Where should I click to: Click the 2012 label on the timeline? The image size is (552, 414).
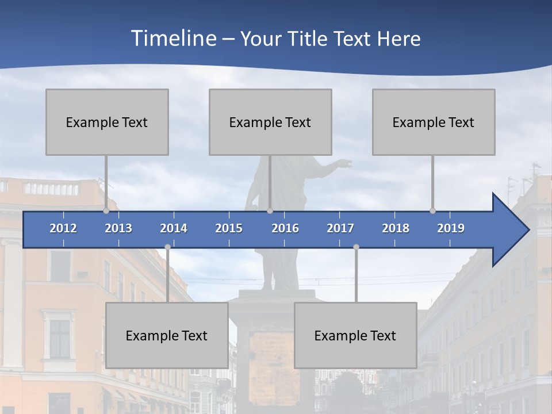[x=63, y=228]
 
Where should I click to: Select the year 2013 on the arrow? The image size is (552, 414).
[x=118, y=228]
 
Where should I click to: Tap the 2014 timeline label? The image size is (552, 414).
[x=174, y=228]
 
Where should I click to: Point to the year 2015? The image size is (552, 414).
[x=229, y=228]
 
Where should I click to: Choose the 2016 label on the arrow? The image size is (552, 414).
[x=285, y=228]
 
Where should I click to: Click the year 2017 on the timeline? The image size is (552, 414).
[x=340, y=228]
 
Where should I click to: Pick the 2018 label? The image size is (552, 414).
[x=396, y=228]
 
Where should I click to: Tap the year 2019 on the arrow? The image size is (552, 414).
[x=451, y=228]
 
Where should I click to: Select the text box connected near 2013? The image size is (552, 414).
[x=107, y=122]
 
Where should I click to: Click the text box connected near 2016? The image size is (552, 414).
[x=270, y=122]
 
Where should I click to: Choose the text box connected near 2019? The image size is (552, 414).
[x=434, y=122]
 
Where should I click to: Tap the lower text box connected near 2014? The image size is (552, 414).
[x=167, y=335]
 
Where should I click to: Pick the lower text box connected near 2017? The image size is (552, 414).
[x=355, y=335]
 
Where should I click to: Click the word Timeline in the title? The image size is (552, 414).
[x=172, y=39]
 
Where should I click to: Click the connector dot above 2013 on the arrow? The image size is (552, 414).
[x=106, y=211]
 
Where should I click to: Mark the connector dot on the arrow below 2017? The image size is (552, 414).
[x=356, y=247]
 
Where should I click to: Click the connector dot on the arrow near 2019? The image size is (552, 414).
[x=432, y=211]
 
